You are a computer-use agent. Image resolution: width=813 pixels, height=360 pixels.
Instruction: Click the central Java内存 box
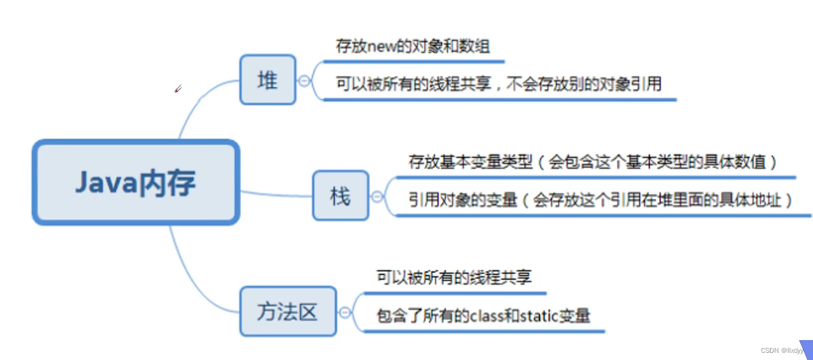[136, 182]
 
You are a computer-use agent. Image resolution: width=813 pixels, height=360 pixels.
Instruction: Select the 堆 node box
[267, 80]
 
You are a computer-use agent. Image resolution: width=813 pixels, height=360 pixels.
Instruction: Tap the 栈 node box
[340, 196]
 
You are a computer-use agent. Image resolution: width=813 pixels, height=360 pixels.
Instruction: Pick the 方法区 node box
[288, 311]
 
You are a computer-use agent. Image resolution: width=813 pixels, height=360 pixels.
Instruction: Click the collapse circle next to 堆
[305, 80]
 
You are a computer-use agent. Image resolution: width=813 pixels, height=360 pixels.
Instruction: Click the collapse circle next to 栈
[377, 196]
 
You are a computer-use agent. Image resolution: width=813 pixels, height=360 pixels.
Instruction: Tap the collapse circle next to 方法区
[345, 312]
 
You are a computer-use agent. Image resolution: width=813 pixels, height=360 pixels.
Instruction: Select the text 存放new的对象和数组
[413, 47]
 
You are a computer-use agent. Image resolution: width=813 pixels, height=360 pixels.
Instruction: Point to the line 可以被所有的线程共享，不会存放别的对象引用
[498, 84]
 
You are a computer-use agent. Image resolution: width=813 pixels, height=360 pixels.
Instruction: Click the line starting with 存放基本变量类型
[592, 161]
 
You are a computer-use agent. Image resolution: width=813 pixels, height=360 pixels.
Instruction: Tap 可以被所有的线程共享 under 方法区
[453, 277]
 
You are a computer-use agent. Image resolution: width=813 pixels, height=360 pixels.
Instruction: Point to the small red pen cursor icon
[178, 89]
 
